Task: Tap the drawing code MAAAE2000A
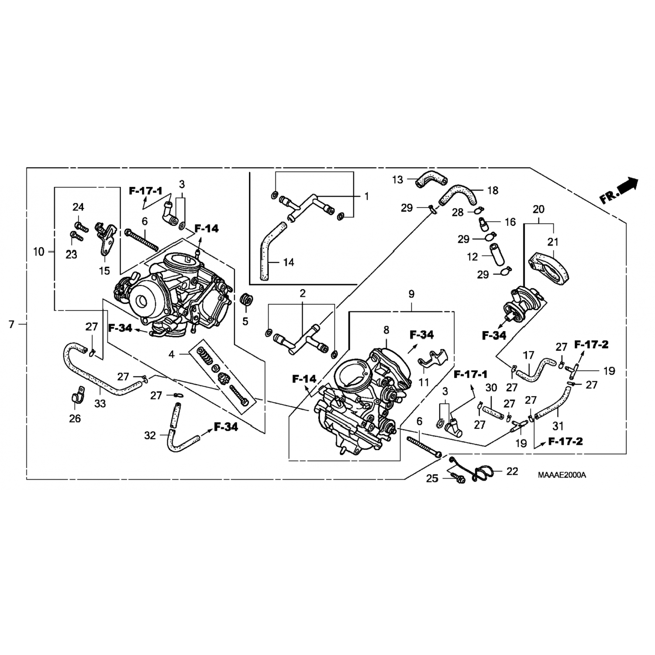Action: tap(562, 475)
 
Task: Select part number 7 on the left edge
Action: tap(12, 324)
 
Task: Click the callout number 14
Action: tap(288, 262)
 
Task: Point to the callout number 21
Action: tap(554, 241)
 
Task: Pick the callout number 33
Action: tap(100, 403)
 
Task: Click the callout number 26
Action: tap(75, 418)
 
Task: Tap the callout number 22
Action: tap(512, 471)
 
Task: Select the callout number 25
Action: tap(432, 479)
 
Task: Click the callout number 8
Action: tap(386, 330)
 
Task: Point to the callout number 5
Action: tap(245, 321)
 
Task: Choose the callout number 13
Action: tap(397, 179)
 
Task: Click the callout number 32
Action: tap(150, 435)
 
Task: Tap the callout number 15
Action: tap(104, 271)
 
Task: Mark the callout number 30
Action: tap(491, 387)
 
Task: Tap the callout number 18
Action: tap(493, 190)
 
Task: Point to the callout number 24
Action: tap(78, 207)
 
